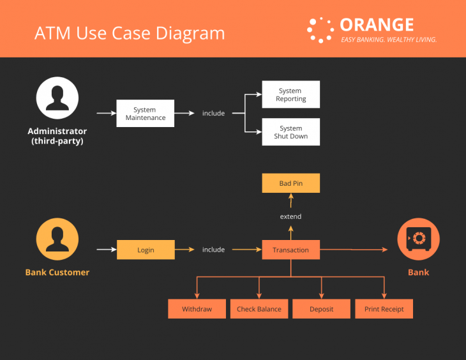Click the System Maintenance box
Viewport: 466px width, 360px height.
click(145, 114)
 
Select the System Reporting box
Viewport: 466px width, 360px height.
click(290, 94)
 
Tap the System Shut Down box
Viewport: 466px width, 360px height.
click(290, 132)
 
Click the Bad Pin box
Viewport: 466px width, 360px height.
click(290, 183)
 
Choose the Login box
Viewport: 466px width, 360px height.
click(146, 250)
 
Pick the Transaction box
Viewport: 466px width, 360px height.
click(290, 250)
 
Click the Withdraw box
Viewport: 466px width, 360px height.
click(197, 309)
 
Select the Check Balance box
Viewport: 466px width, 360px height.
click(259, 309)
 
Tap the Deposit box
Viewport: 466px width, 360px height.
click(321, 309)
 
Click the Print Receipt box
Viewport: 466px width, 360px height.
click(384, 309)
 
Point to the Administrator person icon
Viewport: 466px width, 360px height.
click(57, 98)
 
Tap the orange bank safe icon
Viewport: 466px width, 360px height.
click(418, 239)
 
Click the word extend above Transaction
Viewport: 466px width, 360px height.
click(290, 216)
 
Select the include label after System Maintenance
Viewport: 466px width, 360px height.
click(213, 114)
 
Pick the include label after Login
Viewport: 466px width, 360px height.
click(213, 250)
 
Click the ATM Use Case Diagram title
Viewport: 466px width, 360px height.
click(130, 33)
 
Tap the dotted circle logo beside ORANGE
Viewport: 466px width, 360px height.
click(320, 30)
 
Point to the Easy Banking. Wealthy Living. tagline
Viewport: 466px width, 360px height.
click(388, 40)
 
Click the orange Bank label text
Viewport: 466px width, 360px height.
click(418, 273)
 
